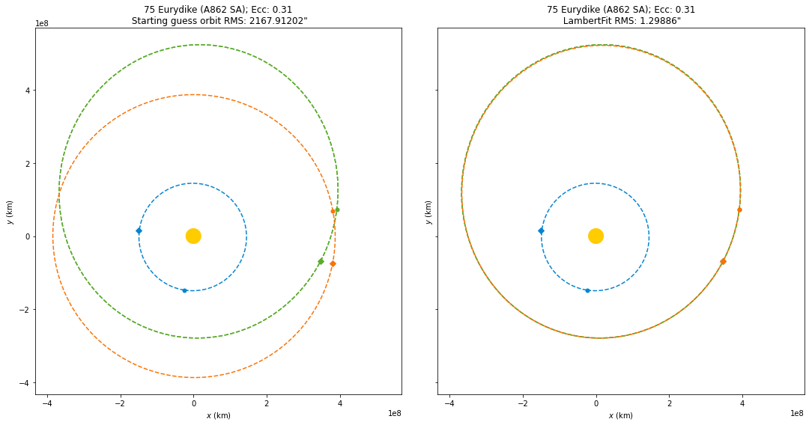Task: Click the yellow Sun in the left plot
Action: click(x=193, y=236)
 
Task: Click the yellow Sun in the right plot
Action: click(x=596, y=236)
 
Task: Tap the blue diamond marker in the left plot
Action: click(x=139, y=231)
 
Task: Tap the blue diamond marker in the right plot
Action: click(x=541, y=231)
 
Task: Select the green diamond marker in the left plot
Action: click(x=321, y=261)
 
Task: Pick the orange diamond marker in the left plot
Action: click(x=333, y=264)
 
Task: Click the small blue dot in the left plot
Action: click(x=184, y=290)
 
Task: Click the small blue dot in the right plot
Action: click(x=587, y=290)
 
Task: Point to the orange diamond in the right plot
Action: click(x=723, y=261)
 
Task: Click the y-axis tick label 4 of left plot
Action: click(x=25, y=91)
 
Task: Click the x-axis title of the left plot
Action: click(x=218, y=416)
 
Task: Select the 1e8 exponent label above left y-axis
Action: click(x=43, y=23)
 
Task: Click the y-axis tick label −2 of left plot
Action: click(x=23, y=310)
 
